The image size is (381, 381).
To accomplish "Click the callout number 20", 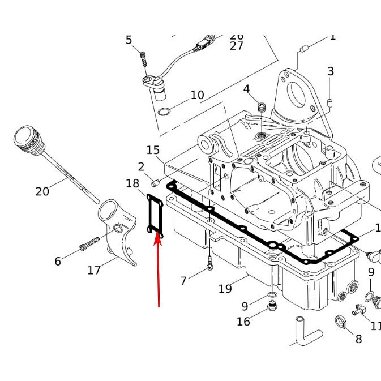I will (42, 191).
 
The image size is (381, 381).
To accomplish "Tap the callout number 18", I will (132, 183).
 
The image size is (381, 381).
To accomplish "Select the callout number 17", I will (94, 271).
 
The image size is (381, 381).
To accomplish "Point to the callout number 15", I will (153, 150).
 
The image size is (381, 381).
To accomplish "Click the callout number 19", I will (225, 289).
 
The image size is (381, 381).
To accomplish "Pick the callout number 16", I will (243, 322).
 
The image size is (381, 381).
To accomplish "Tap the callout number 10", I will (197, 95).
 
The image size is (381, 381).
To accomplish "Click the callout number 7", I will (183, 281).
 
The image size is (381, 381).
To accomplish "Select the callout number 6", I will (58, 261).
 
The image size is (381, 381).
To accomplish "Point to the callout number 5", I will (129, 40).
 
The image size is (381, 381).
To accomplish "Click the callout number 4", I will (246, 89).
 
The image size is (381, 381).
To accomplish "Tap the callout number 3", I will (331, 71).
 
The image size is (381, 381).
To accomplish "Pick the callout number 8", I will (358, 339).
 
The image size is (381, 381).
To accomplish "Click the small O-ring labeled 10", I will (164, 111).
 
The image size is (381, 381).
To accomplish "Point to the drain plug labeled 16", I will (272, 307).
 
